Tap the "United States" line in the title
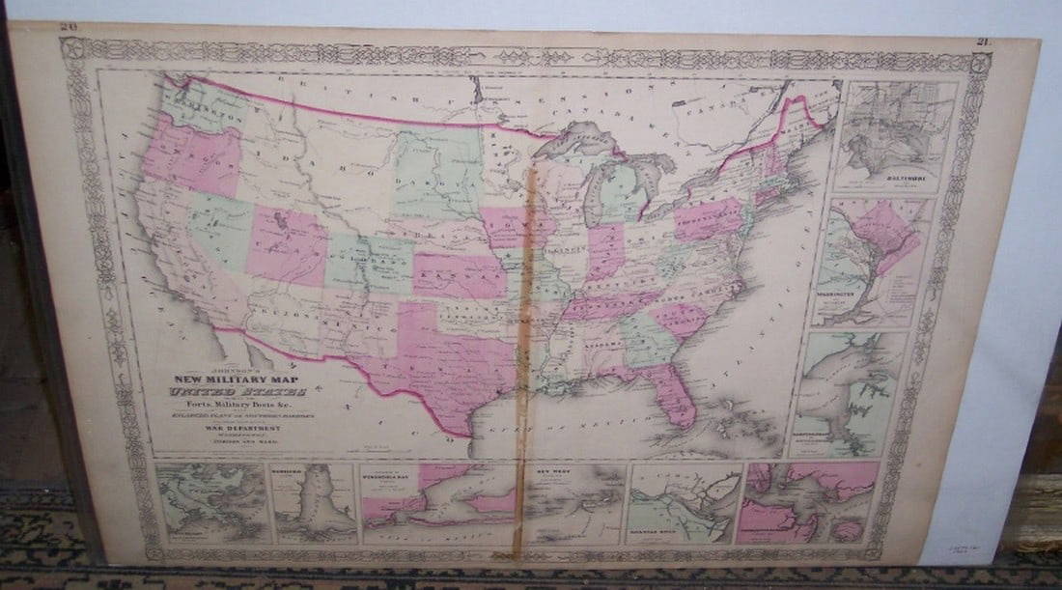pyautogui.click(x=238, y=393)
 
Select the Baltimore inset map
pyautogui.click(x=896, y=135)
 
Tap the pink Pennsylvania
pyautogui.click(x=711, y=218)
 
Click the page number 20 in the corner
pyautogui.click(x=69, y=29)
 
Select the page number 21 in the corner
pyautogui.click(x=983, y=42)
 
